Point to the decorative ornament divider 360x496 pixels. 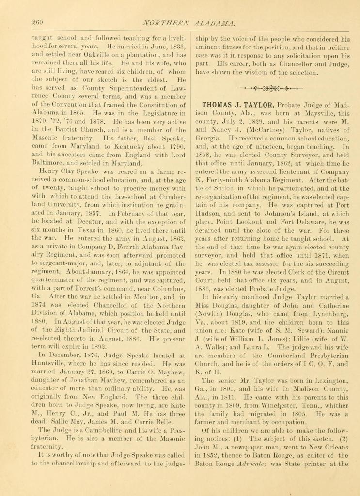(x=271, y=89)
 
